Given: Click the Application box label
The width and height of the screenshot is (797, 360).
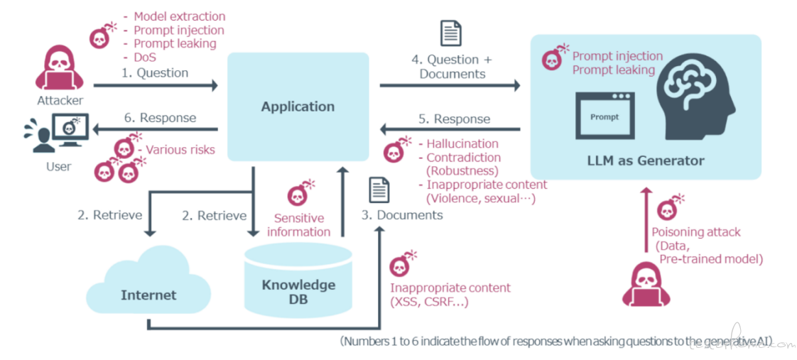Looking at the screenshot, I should (298, 107).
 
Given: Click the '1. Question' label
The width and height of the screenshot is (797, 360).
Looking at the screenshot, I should (154, 73).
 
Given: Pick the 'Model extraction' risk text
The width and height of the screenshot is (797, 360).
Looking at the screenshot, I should (179, 16).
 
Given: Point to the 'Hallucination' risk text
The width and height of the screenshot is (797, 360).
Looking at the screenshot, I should (462, 144).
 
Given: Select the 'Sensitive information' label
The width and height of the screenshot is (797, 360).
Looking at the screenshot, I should (299, 224).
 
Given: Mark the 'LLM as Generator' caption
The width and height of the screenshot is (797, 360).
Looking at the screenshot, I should (646, 160).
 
